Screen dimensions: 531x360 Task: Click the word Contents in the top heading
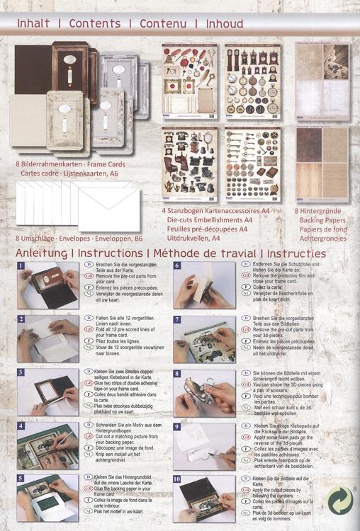(95, 23)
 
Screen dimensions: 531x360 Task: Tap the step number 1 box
(22, 266)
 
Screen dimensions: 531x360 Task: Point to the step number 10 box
(178, 480)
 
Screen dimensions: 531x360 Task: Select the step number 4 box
(22, 426)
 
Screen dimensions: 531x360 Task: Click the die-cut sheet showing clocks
(253, 81)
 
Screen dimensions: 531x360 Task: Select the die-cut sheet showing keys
(253, 164)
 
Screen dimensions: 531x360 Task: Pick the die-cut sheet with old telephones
(189, 164)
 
